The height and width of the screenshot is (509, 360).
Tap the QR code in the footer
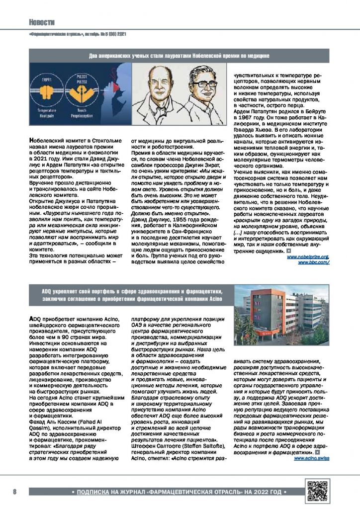click(318, 491)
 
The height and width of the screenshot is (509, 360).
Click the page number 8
click(15, 492)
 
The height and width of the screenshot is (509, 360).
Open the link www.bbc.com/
click(314, 262)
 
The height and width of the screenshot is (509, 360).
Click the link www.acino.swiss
click(311, 458)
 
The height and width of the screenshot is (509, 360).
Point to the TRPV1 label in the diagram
click(48, 79)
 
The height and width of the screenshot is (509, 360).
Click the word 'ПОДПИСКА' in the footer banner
click(93, 492)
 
